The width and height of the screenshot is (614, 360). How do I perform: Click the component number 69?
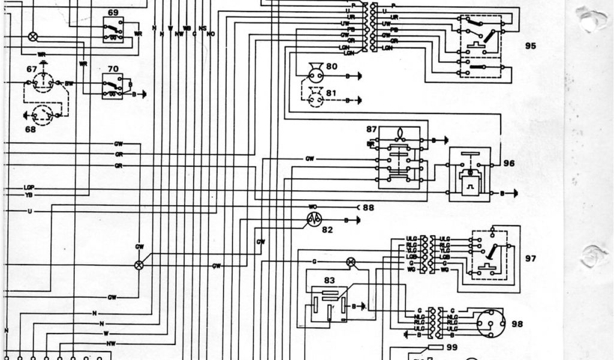113,12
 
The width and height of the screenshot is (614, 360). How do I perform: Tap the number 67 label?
31,69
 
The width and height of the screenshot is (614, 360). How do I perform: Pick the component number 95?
530,46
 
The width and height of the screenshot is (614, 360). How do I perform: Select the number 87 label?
371,129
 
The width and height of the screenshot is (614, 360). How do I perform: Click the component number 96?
509,163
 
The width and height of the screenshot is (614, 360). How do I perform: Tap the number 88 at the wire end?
368,208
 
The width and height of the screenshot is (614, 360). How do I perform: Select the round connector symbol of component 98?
490,323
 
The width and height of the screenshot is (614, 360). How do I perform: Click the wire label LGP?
29,188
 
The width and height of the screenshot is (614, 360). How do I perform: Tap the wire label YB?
29,195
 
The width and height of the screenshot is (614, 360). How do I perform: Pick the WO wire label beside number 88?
312,207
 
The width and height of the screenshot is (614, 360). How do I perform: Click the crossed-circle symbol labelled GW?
139,265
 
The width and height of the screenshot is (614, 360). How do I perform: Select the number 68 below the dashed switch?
31,129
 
